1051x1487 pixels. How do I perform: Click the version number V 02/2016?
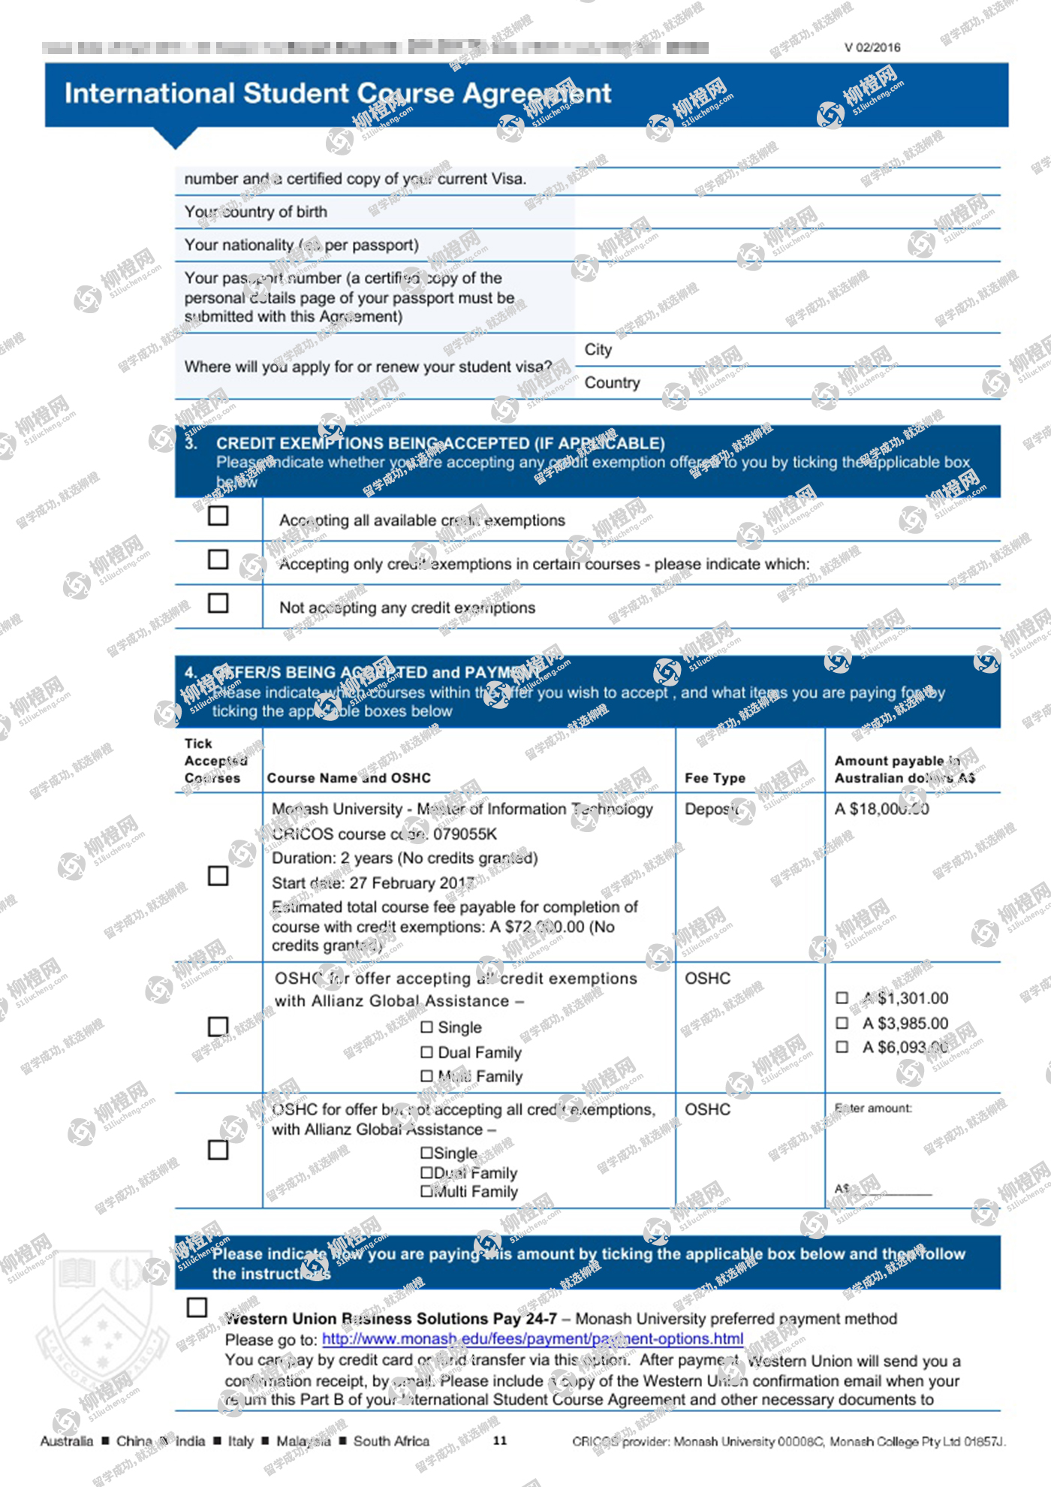tap(872, 48)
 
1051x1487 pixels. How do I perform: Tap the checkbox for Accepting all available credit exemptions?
tap(218, 516)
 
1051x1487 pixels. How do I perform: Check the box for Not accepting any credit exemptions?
tap(218, 603)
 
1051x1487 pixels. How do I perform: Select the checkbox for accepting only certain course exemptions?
tap(218, 560)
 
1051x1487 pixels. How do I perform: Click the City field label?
tap(598, 350)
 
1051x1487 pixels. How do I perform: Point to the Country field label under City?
tap(612, 383)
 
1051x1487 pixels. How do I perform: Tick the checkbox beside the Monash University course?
tap(218, 876)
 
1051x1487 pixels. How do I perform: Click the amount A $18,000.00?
tap(881, 809)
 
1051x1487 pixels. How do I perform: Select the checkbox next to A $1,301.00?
tap(842, 998)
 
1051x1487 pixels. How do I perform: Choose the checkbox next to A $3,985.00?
tap(842, 1023)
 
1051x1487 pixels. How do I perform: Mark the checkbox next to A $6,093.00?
tap(842, 1047)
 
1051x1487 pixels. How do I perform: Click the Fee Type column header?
tap(715, 778)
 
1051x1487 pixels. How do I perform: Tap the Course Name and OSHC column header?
tap(349, 778)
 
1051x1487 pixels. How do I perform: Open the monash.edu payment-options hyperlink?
tap(532, 1339)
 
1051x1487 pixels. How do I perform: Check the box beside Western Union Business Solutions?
tap(197, 1308)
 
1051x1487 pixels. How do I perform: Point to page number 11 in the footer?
tap(500, 1440)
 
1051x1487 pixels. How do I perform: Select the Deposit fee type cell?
tap(710, 809)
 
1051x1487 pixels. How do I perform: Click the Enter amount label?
tap(873, 1108)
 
